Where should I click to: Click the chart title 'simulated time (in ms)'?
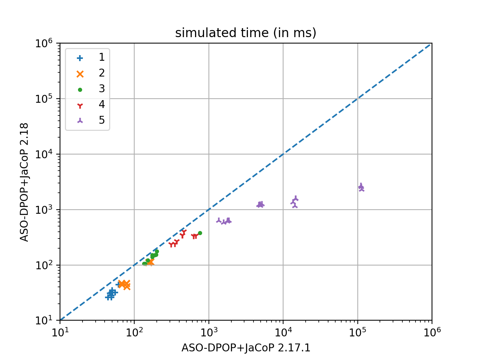(x=246, y=33)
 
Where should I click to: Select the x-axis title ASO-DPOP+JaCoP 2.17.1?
(x=246, y=348)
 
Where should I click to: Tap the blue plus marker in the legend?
(x=80, y=58)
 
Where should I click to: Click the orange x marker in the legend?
(x=80, y=74)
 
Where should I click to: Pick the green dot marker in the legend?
(x=80, y=90)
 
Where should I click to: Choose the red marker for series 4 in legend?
(x=80, y=105)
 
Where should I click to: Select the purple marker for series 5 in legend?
(x=80, y=121)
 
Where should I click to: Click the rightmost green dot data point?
(x=200, y=233)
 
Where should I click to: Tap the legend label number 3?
(x=102, y=89)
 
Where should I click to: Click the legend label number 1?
(x=102, y=57)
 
